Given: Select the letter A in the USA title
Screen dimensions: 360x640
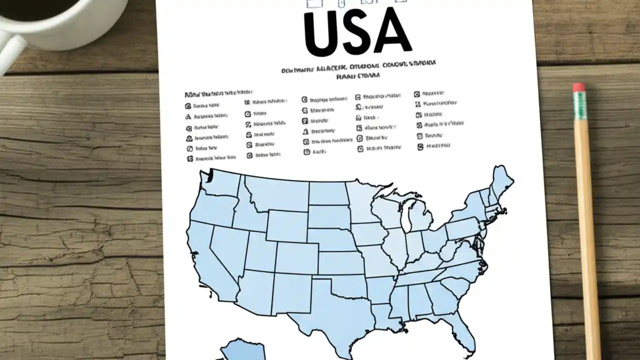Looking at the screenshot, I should point(392,31).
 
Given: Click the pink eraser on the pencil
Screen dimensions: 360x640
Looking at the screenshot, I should point(579,87).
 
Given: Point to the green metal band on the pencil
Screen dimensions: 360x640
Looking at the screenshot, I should point(580,105).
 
